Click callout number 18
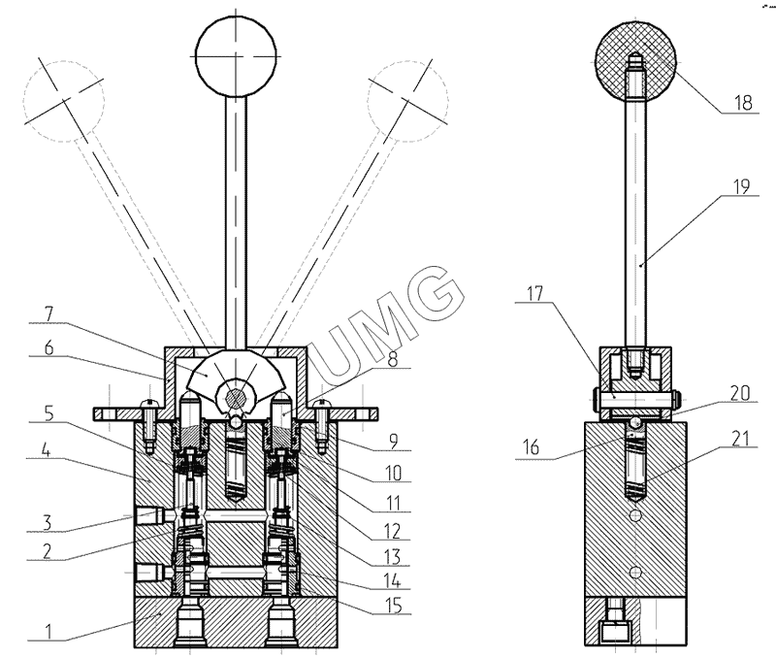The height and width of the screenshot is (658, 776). tap(743, 103)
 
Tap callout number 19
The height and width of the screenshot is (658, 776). tap(741, 186)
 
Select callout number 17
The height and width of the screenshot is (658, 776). tap(534, 294)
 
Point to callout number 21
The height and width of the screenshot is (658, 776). tap(740, 440)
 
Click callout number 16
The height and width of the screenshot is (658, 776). tap(531, 447)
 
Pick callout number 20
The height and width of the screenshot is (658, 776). tap(740, 393)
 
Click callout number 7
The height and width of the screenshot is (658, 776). tap(48, 313)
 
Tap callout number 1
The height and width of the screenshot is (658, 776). tap(48, 632)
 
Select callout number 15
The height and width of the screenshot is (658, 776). tap(394, 606)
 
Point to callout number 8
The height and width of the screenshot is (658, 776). tap(393, 359)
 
